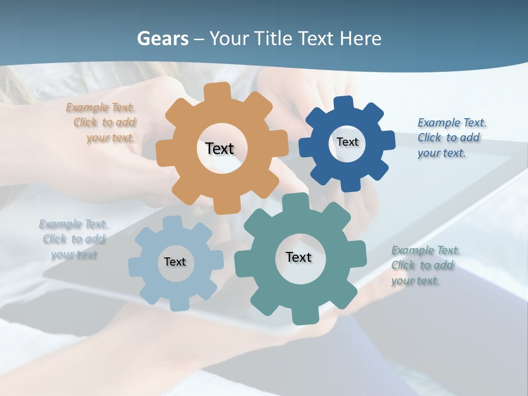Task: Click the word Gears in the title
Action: coord(162,39)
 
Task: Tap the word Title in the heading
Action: coord(276,39)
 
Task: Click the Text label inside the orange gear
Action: coord(219,148)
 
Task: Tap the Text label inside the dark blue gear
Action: coord(347,142)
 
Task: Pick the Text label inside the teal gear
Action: coord(299,257)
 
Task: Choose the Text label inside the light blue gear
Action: coord(175,262)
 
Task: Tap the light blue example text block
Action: coord(74,239)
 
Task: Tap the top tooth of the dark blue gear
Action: coord(344,103)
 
